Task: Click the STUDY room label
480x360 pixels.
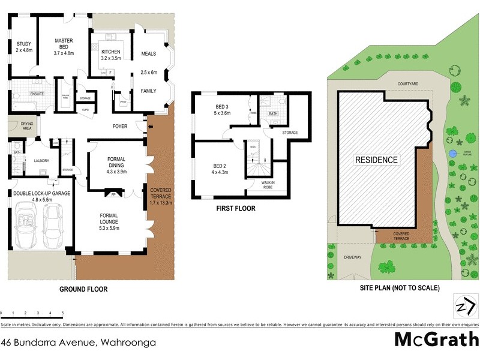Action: tap(24, 43)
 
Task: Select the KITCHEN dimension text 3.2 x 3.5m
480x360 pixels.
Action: tap(111, 59)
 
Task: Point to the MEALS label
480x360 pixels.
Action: tap(148, 54)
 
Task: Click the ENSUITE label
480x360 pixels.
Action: tap(23, 94)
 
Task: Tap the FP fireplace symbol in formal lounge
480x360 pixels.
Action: tap(113, 194)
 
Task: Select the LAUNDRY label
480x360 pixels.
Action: tap(41, 160)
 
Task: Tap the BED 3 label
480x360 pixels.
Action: tap(223, 109)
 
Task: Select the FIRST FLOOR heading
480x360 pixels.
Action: tap(236, 209)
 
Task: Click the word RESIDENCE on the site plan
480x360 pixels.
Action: tap(376, 160)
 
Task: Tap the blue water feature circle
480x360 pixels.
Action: tap(451, 155)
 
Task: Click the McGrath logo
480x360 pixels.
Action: tap(436, 339)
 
